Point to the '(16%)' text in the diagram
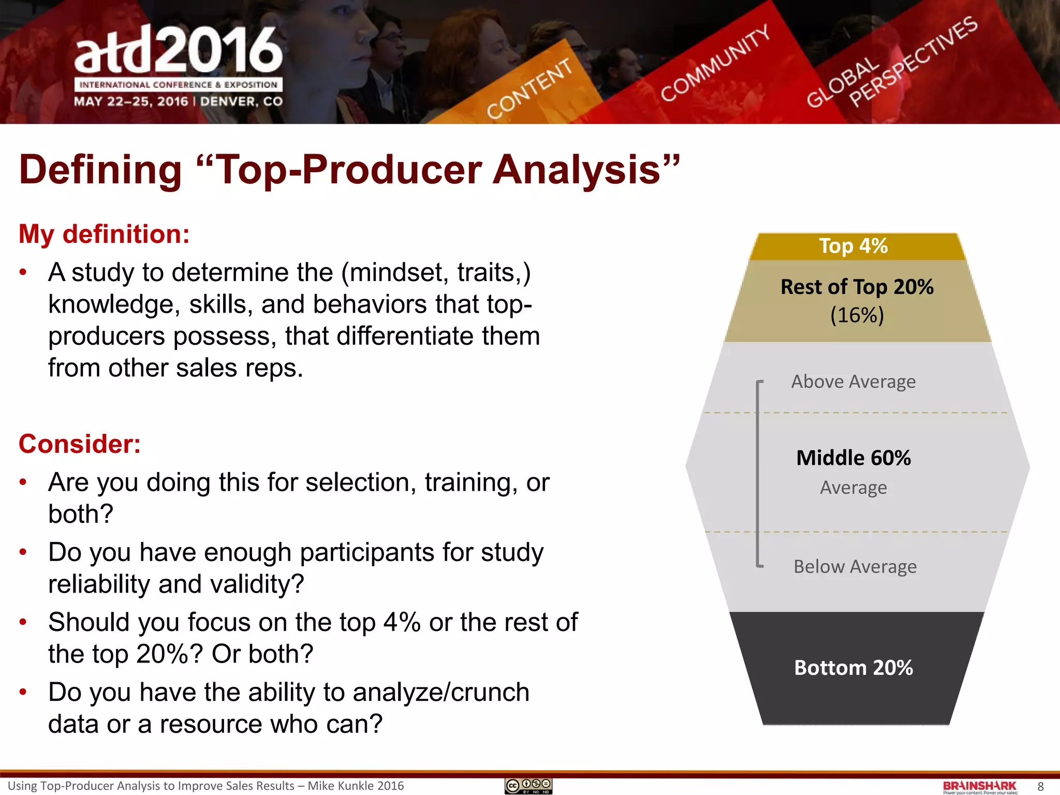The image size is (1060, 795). click(857, 315)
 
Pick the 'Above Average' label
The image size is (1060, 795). click(853, 381)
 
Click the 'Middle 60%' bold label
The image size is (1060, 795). click(853, 458)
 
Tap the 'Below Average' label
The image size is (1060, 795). click(855, 566)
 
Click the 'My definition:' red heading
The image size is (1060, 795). click(104, 234)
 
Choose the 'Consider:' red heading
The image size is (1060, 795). click(80, 444)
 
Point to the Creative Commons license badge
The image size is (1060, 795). click(528, 786)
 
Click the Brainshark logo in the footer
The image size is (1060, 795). click(979, 786)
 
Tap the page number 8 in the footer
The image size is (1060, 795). click(1040, 786)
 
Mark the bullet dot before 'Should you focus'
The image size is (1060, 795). click(23, 622)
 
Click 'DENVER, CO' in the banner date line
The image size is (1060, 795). click(241, 101)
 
